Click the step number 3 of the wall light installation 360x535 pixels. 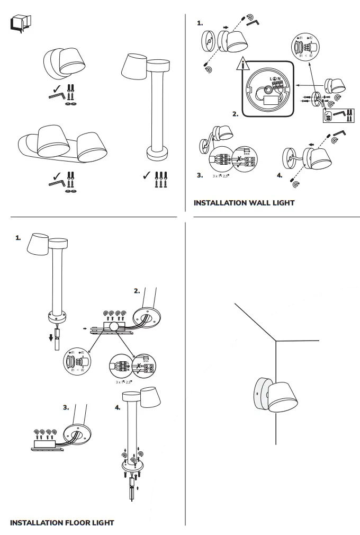pyautogui.click(x=200, y=175)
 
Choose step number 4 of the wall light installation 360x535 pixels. pyautogui.click(x=279, y=175)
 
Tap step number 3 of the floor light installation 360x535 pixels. pyautogui.click(x=66, y=408)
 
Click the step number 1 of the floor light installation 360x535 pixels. pyautogui.click(x=19, y=238)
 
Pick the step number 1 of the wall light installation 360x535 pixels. pyautogui.click(x=200, y=23)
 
